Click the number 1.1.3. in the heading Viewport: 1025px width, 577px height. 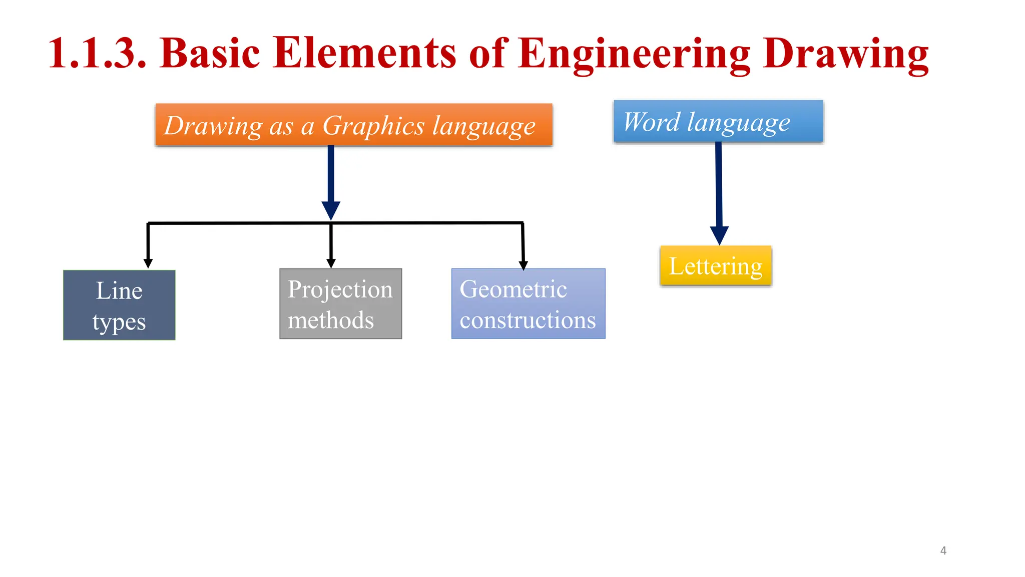coord(98,53)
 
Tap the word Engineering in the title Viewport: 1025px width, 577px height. coord(634,53)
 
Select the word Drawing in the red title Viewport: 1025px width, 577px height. coord(846,53)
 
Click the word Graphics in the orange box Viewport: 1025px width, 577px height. coord(373,126)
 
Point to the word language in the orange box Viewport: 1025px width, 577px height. coord(484,126)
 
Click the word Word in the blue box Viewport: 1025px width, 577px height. coord(652,122)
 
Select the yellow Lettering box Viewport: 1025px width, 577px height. coord(716,266)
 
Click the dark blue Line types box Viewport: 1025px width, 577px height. coord(119,305)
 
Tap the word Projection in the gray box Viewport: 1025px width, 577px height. coord(340,290)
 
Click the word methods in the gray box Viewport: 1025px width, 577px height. coord(331,320)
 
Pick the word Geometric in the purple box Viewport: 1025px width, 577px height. coord(513,289)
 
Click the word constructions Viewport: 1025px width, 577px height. coord(528,320)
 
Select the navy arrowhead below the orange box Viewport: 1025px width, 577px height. coord(331,210)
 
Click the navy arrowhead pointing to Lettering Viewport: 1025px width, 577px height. coord(719,235)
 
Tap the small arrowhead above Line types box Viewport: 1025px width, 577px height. coord(148,263)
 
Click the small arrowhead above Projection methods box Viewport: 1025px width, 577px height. coord(331,263)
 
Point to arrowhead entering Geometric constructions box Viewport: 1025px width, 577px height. coord(524,265)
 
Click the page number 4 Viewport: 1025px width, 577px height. coord(943,550)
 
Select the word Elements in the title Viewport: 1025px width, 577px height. coord(364,53)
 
